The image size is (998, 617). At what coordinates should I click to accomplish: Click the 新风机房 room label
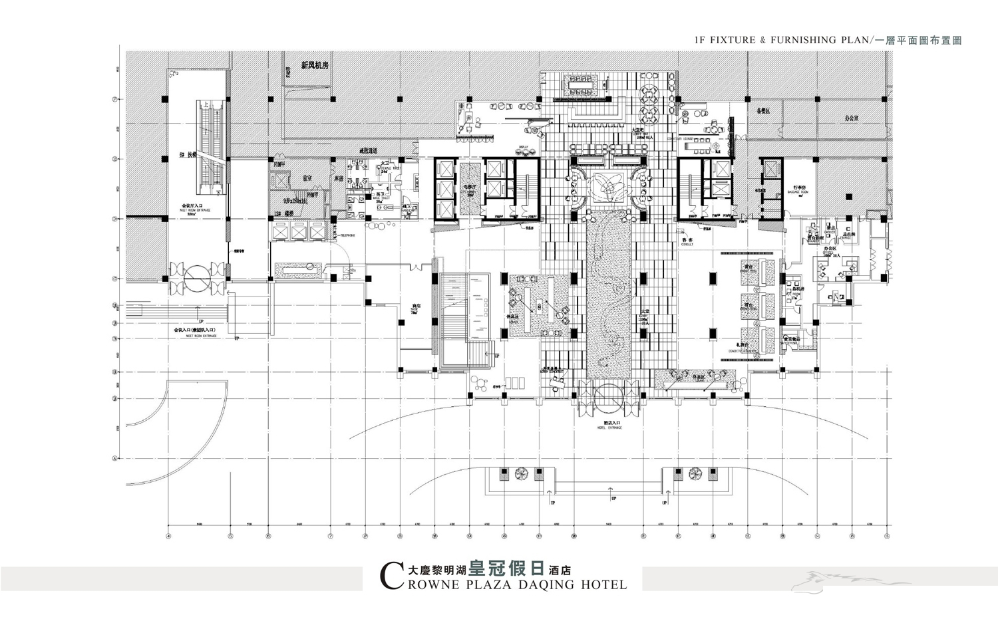pyautogui.click(x=314, y=66)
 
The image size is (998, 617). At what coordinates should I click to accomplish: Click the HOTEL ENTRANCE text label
pyautogui.click(x=609, y=428)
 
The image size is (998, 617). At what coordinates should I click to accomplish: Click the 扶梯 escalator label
pyautogui.click(x=188, y=155)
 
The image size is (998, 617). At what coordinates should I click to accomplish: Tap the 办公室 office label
pyautogui.click(x=852, y=118)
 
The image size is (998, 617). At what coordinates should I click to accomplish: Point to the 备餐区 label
pyautogui.click(x=763, y=111)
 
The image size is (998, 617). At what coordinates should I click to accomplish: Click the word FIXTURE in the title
pyautogui.click(x=733, y=40)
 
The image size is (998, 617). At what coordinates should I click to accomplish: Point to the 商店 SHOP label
pyautogui.click(x=413, y=308)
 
